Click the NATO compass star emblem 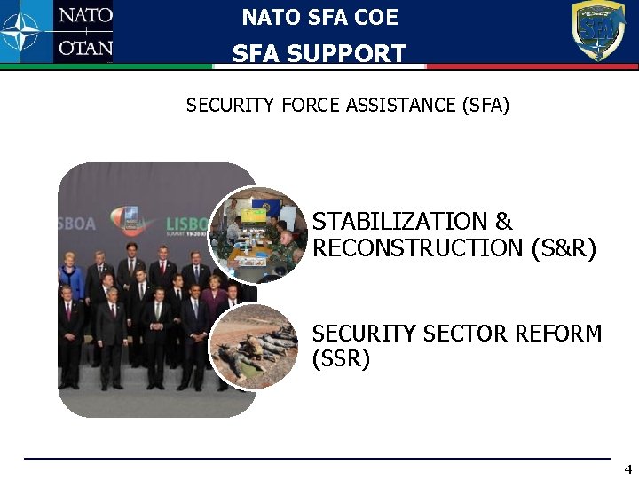point(22,32)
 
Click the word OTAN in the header point(85,48)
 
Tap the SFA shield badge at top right point(597,30)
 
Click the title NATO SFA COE point(319,17)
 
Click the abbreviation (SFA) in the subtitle point(485,106)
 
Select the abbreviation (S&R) point(564,248)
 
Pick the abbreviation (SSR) point(341,360)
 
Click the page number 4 point(627,468)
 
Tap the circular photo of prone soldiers point(255,347)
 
